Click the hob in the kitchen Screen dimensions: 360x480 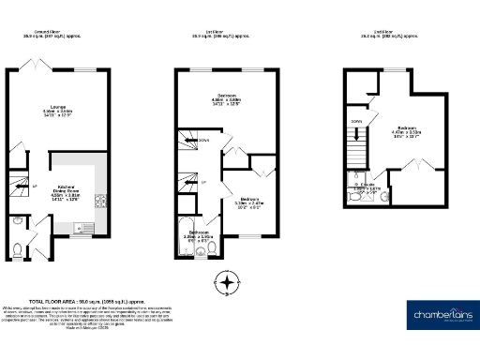101,199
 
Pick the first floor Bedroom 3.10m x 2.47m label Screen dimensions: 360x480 247,201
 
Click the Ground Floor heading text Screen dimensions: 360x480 52,33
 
